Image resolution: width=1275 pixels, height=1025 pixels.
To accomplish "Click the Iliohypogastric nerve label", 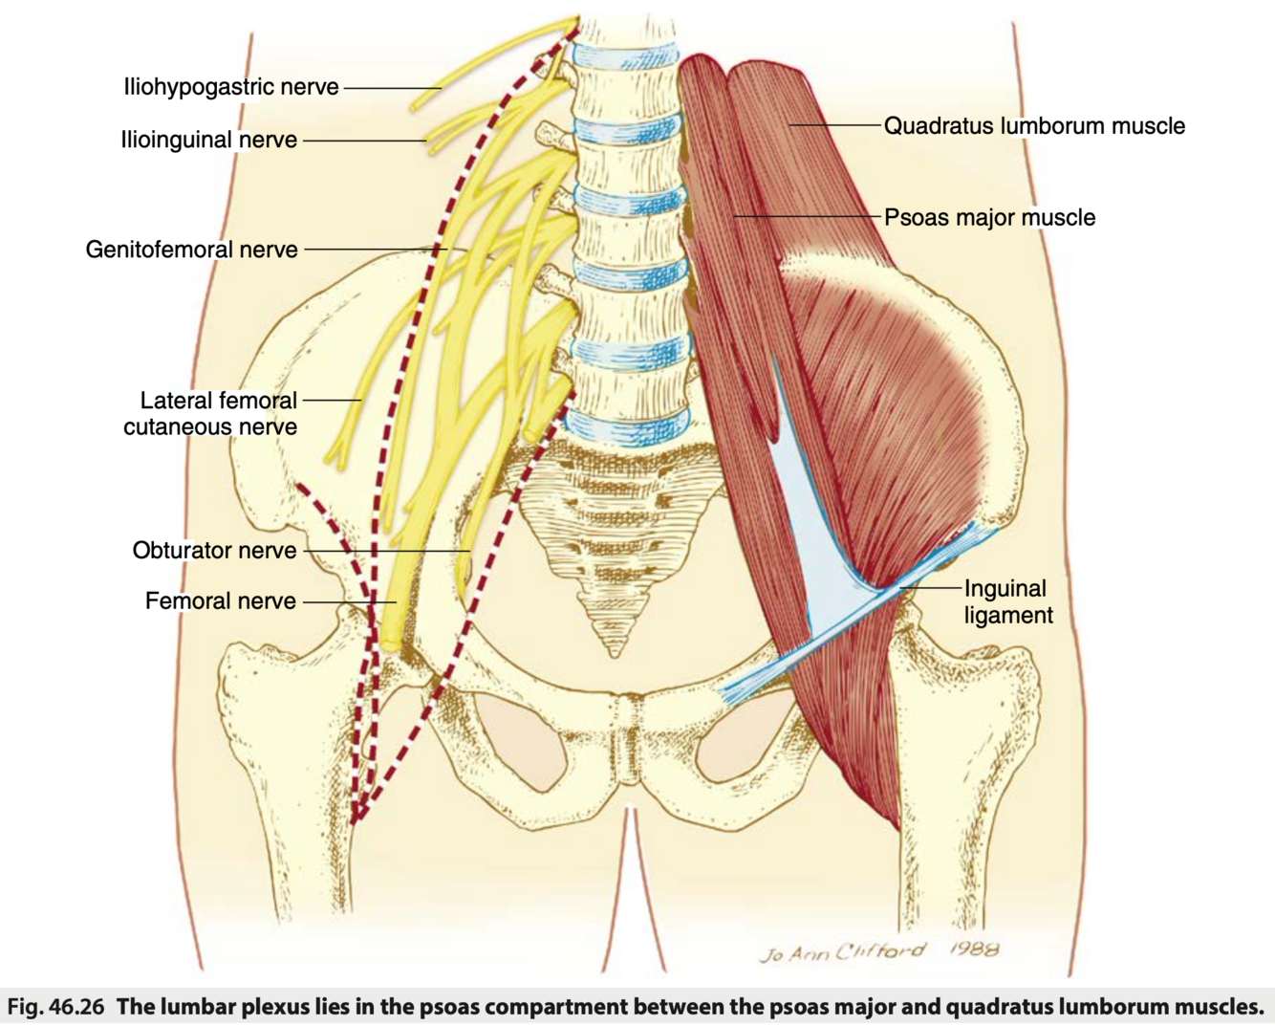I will (x=230, y=87).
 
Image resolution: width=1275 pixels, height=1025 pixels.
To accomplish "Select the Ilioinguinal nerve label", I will (x=208, y=140).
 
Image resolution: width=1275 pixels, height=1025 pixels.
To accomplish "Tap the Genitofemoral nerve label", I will (x=191, y=250).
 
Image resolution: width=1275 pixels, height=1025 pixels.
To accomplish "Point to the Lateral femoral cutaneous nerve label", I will (x=211, y=413).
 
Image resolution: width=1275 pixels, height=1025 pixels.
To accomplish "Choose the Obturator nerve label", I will (x=214, y=551).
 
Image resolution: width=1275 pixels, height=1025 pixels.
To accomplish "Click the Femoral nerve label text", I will (x=220, y=601).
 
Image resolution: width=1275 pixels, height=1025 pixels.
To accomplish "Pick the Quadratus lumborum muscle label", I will (x=1034, y=126).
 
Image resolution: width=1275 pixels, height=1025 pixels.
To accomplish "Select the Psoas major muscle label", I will (x=989, y=217).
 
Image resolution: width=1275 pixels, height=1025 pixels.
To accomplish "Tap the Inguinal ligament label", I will (x=1007, y=601).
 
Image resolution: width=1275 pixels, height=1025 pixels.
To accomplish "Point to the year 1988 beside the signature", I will (x=974, y=949).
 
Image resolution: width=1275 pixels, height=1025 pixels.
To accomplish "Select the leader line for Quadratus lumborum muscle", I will (x=832, y=125).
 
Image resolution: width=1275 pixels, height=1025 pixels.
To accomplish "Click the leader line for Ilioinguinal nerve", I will (x=364, y=141).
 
